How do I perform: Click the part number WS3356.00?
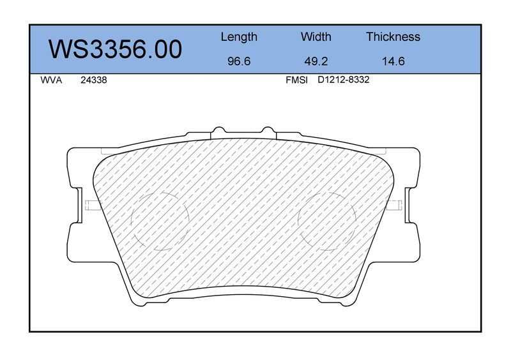(115, 49)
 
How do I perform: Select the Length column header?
(239, 37)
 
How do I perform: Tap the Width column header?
(316, 36)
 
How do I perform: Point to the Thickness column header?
(393, 36)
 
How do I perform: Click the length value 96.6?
(239, 61)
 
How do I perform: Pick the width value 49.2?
(316, 61)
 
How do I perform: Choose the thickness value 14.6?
(393, 61)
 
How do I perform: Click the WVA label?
(51, 80)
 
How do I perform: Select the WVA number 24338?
(93, 80)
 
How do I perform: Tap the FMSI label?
(296, 80)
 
